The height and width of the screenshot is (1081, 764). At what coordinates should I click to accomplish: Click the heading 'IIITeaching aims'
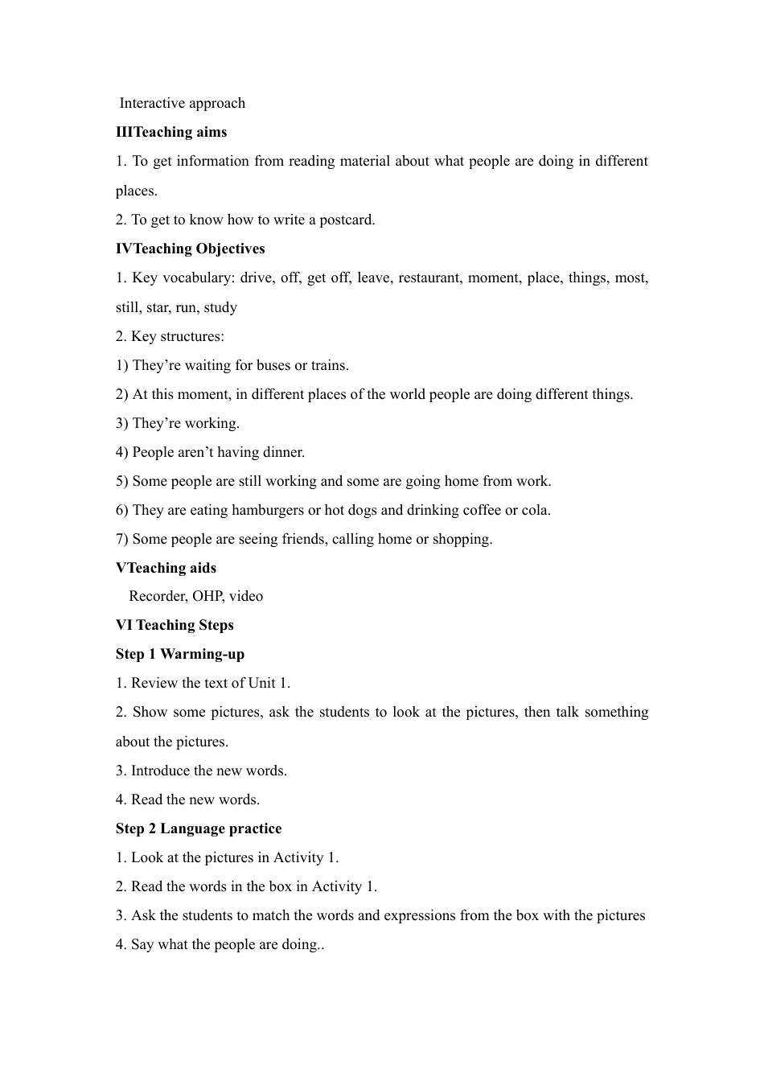pyautogui.click(x=171, y=132)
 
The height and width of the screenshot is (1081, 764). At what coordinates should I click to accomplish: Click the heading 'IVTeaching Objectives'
pyautogui.click(x=190, y=249)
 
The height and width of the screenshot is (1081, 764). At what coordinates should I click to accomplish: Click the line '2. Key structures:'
pyautogui.click(x=170, y=336)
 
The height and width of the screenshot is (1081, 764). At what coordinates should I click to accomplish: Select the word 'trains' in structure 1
pyautogui.click(x=329, y=365)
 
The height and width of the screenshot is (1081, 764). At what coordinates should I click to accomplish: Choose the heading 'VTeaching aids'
pyautogui.click(x=166, y=568)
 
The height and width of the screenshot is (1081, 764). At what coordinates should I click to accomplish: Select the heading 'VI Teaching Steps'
pyautogui.click(x=175, y=625)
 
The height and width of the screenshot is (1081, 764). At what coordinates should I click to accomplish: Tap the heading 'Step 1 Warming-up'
pyautogui.click(x=179, y=654)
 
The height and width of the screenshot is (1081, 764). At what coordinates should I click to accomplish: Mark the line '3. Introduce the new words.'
pyautogui.click(x=201, y=771)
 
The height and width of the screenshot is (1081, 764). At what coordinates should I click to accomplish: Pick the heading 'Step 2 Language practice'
pyautogui.click(x=199, y=828)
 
